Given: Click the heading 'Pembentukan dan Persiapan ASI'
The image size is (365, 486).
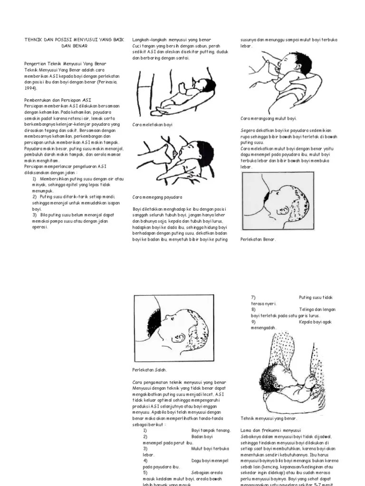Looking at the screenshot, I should click(58, 100).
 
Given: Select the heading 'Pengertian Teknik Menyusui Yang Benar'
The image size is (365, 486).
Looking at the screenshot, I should click(65, 64).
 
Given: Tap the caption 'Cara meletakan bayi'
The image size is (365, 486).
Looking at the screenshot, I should click(152, 124).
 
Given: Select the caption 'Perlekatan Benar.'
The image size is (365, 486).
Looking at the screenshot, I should click(258, 239).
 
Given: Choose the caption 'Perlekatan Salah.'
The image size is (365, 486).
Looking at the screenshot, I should click(149, 370).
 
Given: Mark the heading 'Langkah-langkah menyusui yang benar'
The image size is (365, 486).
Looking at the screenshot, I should click(171, 40).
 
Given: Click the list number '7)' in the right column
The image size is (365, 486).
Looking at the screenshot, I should click(253, 298).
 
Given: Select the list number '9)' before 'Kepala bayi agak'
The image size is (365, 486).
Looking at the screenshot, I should click(253, 322).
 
